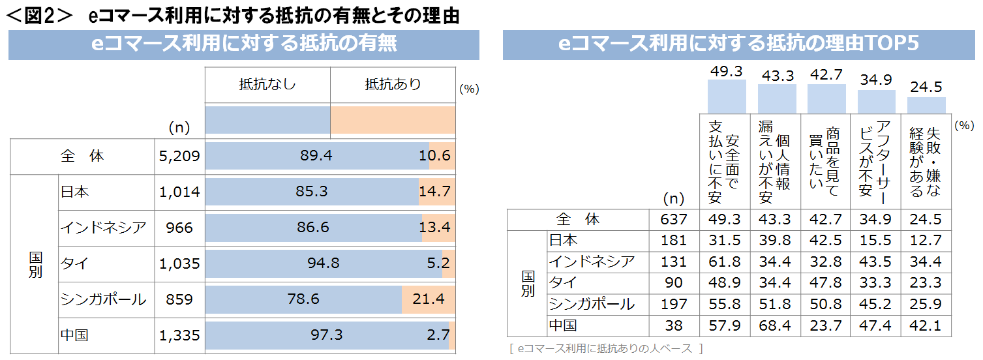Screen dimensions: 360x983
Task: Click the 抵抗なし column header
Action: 267,84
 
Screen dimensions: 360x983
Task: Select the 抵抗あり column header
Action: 393,84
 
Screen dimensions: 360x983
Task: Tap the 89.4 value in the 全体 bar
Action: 316,157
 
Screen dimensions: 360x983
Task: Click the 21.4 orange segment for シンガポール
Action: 429,299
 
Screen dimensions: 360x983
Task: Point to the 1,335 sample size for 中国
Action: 179,335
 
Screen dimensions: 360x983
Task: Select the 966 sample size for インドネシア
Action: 179,228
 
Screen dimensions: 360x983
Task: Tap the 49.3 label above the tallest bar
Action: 727,71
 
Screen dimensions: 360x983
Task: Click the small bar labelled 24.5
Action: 926,105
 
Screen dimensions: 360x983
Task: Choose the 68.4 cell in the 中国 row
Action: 776,325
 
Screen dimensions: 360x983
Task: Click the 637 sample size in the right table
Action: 674,220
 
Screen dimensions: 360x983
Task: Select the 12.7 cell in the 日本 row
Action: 926,241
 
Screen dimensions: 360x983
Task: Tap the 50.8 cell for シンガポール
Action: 825,304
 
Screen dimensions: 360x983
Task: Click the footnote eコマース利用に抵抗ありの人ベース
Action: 607,349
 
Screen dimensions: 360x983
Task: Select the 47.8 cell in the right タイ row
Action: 825,282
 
